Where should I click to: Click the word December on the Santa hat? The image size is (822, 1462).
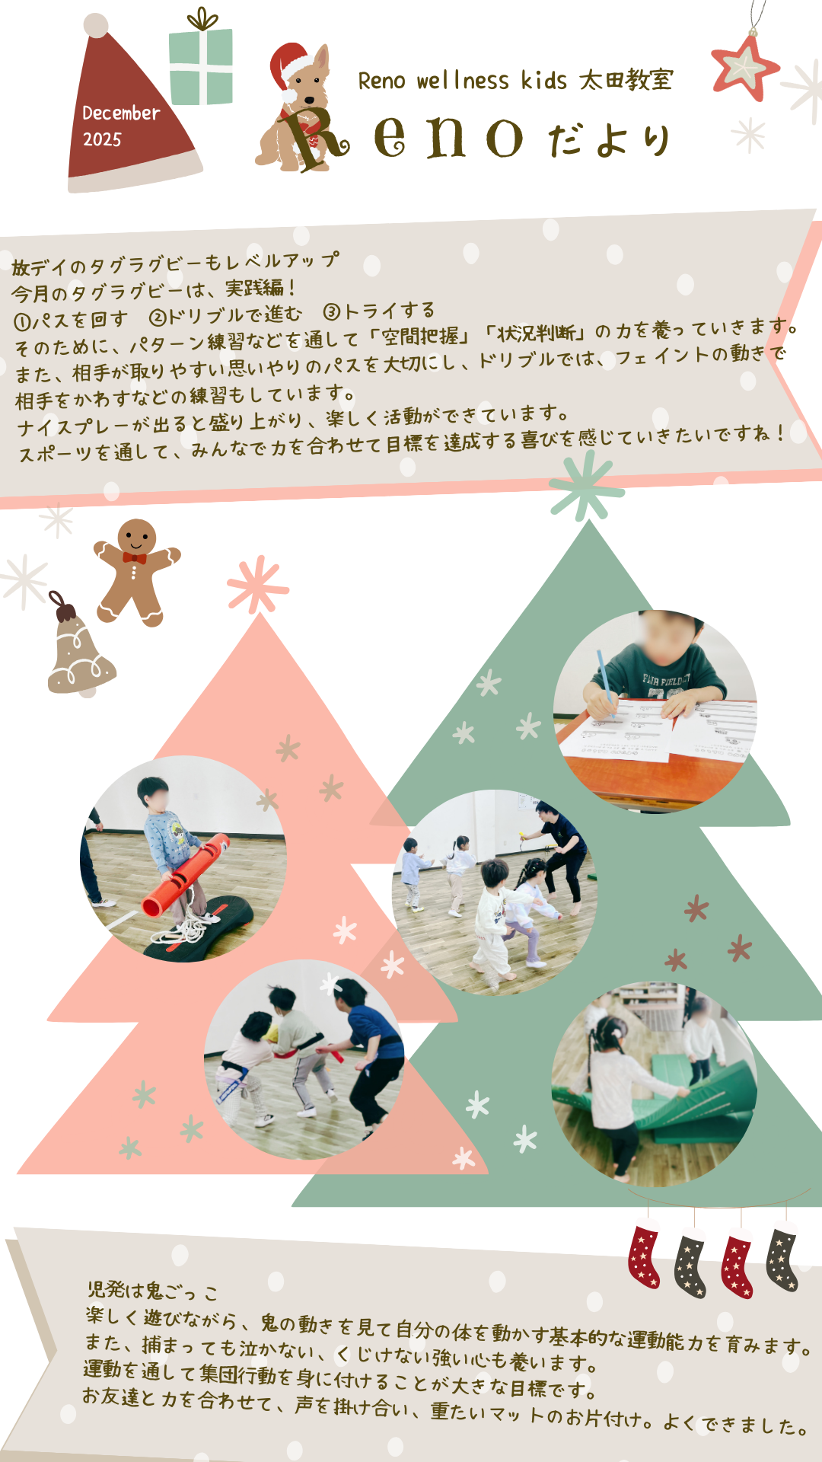point(121,113)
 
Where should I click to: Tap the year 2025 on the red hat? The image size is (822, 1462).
point(102,139)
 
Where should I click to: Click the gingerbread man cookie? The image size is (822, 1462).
point(136,572)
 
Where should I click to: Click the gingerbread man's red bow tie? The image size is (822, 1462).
point(135,558)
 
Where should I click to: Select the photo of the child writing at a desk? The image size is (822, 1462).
point(655,711)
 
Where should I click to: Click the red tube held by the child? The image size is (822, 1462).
point(186,875)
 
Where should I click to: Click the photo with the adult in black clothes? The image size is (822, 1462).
point(495,892)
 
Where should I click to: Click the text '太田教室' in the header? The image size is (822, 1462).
point(626,80)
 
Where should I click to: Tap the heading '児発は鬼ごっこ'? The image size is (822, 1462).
point(152,1291)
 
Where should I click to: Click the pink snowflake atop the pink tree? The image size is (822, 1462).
point(258,585)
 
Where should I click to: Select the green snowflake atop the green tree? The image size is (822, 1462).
point(587,485)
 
